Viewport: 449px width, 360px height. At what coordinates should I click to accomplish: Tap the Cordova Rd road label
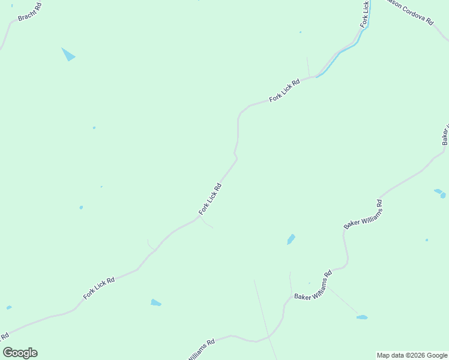(x=411, y=11)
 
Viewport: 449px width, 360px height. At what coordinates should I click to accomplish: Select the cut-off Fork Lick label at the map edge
(x=365, y=13)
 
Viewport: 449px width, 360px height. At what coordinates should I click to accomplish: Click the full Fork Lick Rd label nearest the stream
(x=285, y=91)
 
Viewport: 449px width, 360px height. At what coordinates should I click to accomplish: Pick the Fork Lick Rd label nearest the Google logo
(x=99, y=289)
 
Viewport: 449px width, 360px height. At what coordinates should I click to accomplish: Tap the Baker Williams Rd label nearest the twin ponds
(x=363, y=215)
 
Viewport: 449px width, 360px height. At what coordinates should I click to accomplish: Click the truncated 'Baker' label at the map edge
(x=445, y=136)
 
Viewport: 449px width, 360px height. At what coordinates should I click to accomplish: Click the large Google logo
(x=20, y=353)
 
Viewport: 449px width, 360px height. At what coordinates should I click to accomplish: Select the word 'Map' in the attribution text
(x=384, y=355)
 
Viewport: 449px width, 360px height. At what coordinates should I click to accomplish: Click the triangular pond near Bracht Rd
(x=68, y=55)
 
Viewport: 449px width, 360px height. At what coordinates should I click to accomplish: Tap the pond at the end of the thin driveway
(x=361, y=317)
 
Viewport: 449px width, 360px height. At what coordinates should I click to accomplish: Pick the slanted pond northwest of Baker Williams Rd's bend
(x=291, y=239)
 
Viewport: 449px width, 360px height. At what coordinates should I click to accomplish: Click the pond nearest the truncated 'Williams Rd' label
(x=155, y=302)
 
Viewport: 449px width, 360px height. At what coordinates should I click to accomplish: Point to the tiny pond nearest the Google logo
(x=9, y=308)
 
